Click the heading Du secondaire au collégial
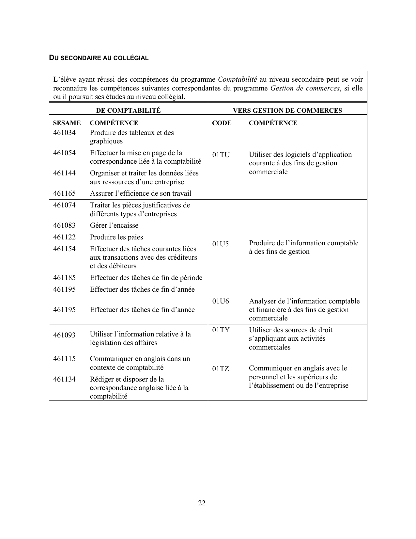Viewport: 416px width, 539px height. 99,58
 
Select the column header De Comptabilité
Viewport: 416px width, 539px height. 128,110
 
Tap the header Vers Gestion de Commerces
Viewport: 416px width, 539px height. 287,110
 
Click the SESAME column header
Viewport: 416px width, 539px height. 67,123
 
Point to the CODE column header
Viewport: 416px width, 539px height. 222,123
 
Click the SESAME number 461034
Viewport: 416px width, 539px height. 64,133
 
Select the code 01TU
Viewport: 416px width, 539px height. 221,155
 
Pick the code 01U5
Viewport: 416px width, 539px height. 221,244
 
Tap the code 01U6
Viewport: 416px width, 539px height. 221,301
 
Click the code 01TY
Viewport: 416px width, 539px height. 221,330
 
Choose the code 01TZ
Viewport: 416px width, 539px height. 221,369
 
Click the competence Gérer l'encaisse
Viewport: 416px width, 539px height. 114,225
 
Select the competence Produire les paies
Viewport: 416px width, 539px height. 116,237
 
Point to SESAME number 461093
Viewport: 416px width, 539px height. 64,335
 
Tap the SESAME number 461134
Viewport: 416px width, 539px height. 64,379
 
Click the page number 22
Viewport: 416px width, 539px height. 202,503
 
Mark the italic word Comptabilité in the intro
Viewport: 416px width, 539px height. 237,80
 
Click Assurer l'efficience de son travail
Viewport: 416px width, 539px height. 141,193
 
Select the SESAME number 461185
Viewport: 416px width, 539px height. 64,278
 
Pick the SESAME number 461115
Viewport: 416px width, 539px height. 64,359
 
